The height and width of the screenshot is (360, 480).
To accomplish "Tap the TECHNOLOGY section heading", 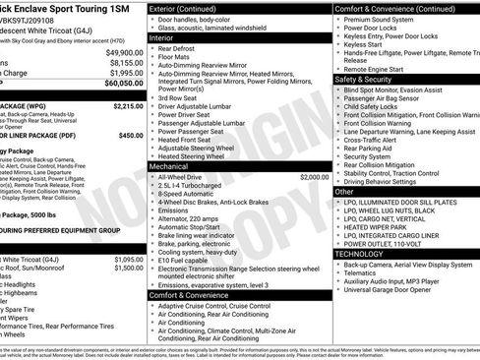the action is (360, 254).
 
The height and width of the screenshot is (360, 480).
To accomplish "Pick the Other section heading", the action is (344, 192).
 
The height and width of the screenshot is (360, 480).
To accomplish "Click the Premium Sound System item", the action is (384, 19).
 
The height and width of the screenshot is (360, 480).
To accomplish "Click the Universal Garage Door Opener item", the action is (398, 290).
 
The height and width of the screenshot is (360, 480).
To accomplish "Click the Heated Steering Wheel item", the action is (197, 156).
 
